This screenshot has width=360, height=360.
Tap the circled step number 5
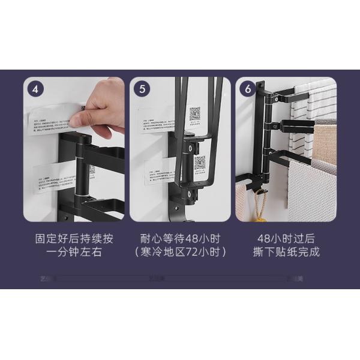142,89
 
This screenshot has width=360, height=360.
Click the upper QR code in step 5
195,113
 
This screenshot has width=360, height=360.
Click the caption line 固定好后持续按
74,238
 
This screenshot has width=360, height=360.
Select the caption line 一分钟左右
74,252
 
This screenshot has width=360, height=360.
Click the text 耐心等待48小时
180,238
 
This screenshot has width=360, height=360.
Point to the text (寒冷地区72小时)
180,252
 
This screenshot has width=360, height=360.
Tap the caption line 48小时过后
286,238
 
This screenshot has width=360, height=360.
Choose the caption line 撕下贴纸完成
286,252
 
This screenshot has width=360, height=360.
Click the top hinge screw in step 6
262,92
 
